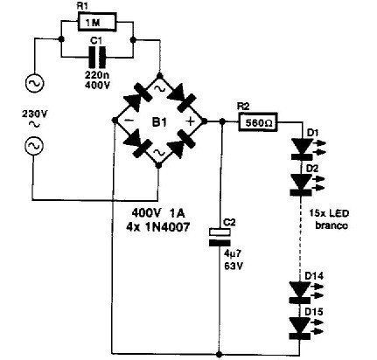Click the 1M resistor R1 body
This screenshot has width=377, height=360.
[x=98, y=22]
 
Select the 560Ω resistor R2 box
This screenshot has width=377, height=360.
[x=258, y=122]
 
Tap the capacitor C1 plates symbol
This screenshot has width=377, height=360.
[x=97, y=57]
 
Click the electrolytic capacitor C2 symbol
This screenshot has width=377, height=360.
[x=220, y=238]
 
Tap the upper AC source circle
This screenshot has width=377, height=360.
[x=35, y=84]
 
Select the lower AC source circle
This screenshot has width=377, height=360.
[x=33, y=146]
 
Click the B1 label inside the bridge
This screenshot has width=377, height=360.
[x=159, y=122]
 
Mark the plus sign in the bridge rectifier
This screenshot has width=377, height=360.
[x=190, y=121]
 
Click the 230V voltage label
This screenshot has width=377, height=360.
[x=34, y=114]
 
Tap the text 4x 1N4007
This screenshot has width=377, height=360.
[x=157, y=226]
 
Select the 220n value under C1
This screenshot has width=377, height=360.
[x=97, y=76]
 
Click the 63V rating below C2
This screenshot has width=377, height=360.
[x=234, y=266]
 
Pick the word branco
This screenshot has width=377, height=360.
[x=332, y=225]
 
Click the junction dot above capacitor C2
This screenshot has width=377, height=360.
[x=222, y=121]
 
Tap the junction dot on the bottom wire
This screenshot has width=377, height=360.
[x=220, y=355]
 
